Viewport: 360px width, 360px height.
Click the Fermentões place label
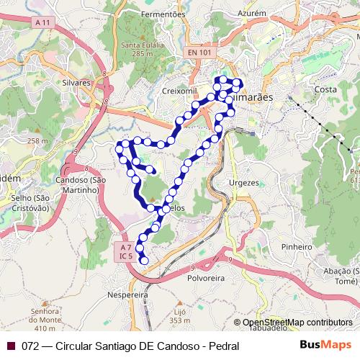[163, 14]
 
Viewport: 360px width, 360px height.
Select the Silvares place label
[77, 83]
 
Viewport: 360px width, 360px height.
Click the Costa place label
[326, 89]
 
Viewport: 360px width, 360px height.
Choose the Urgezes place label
[243, 183]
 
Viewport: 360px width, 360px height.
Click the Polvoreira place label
[206, 276]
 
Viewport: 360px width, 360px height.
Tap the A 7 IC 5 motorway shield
[125, 251]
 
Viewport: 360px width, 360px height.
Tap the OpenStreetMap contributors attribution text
[297, 323]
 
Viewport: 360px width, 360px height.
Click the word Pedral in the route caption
[223, 346]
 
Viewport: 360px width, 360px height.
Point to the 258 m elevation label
[35, 141]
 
